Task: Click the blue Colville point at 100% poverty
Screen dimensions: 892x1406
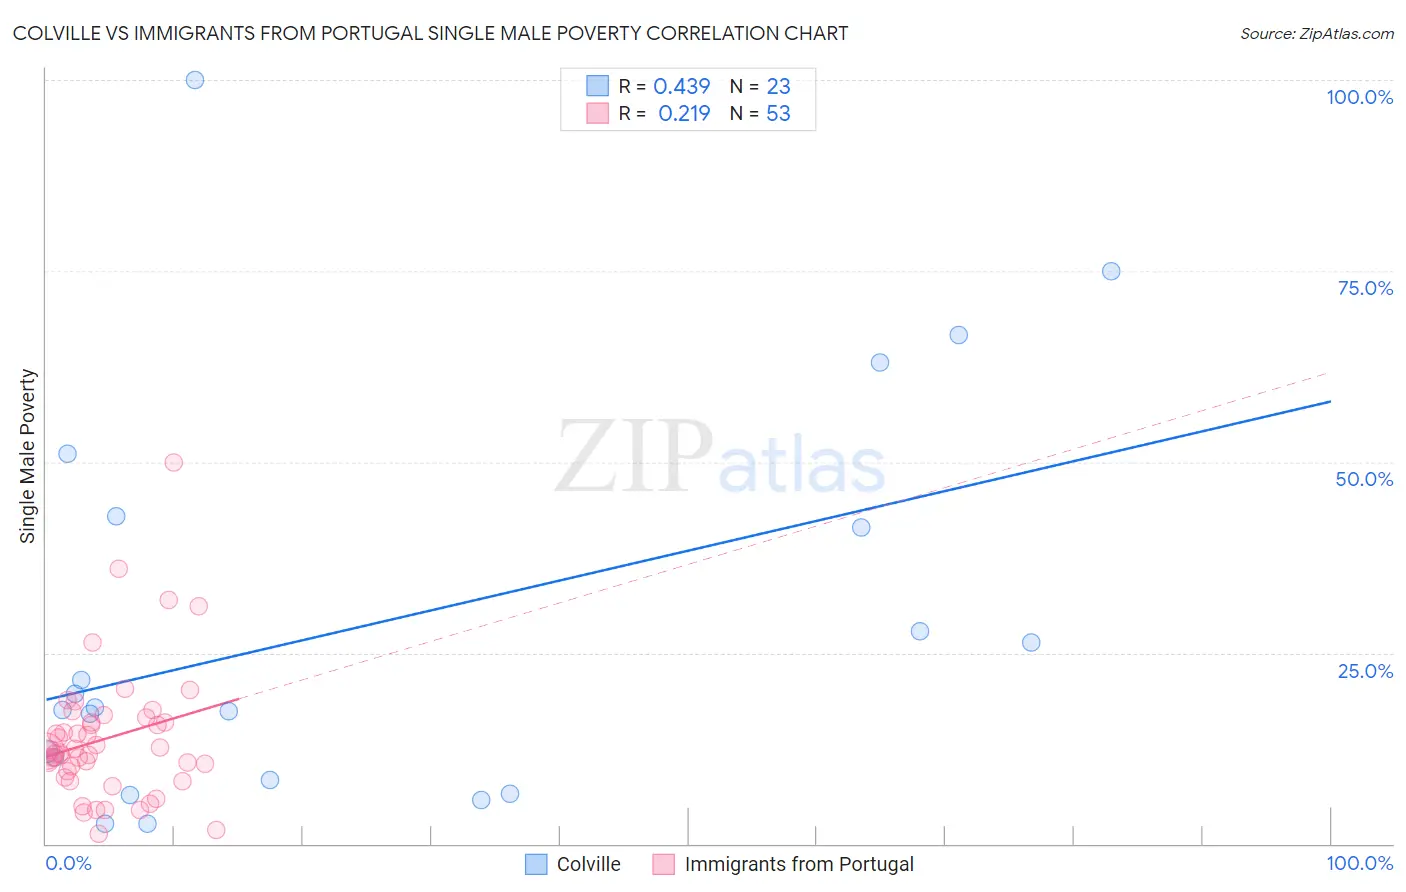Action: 195,80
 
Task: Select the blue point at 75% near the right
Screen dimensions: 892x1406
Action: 1111,271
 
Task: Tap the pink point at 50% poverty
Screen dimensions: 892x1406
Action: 174,462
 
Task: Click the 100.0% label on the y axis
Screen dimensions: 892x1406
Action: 1359,97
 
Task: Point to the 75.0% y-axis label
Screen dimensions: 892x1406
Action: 1365,288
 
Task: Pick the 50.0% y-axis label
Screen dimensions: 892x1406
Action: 1364,479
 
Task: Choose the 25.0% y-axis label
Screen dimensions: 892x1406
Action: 1365,671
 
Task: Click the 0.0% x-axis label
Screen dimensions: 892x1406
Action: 69,864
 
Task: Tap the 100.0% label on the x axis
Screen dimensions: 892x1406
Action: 1359,864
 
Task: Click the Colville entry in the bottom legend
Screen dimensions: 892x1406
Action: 588,864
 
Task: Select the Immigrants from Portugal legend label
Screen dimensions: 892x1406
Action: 799,864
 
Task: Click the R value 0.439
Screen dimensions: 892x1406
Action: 682,87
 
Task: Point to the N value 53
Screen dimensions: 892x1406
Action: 778,114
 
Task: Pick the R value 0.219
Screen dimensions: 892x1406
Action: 684,114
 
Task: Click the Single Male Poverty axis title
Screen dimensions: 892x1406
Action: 28,456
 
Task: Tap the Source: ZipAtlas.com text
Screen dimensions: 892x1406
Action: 1316,34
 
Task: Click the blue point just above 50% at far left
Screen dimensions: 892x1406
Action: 67,453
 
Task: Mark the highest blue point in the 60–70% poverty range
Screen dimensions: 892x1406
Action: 959,335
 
